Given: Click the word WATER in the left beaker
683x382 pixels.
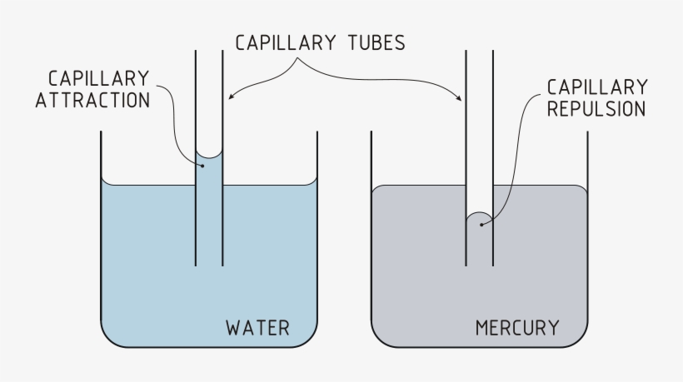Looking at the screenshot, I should point(257,328).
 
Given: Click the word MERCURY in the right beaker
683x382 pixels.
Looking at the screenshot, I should point(517,328).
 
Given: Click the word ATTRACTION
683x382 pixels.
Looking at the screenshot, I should point(99,99).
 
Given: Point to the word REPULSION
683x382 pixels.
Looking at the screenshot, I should point(596,109).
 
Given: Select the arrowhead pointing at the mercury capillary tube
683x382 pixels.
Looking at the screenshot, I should point(461,99).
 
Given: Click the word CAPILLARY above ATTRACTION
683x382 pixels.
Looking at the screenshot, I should point(99,78).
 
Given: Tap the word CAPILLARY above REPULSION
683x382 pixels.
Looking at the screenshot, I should point(596,87).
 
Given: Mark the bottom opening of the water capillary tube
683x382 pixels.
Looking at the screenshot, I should point(209,265).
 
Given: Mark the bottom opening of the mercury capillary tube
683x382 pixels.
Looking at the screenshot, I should point(479,265).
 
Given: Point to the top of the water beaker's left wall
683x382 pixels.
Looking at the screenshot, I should point(101,132).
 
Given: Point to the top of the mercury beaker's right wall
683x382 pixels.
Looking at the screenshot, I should point(588,132).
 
